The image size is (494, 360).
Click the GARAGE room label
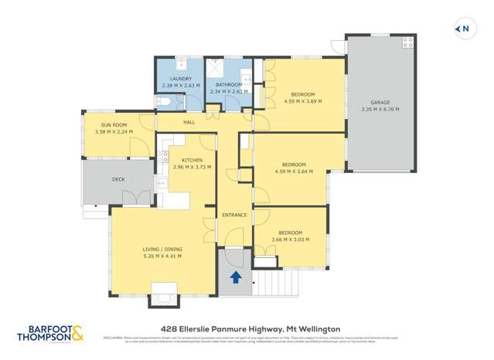coord(379,102)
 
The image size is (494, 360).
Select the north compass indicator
coord(463,29)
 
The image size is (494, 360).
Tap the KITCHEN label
coord(192,160)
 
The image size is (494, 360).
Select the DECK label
coord(118,179)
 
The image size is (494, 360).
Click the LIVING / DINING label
coord(162,249)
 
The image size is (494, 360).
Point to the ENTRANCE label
coord(234,215)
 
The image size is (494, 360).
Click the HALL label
coord(189,123)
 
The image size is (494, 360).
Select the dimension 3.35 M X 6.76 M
coord(379,109)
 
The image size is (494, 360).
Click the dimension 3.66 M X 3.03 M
coord(291,239)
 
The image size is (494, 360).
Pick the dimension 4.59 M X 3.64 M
coord(294,172)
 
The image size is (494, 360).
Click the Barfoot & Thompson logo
coord(52,333)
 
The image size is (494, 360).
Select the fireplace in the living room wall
coord(164,291)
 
